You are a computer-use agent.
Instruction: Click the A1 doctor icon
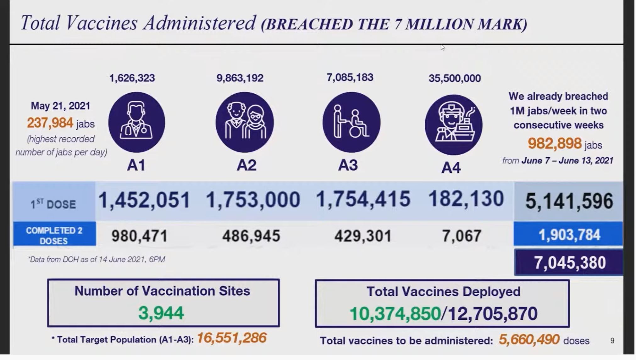136,122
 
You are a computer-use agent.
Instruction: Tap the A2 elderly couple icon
245,122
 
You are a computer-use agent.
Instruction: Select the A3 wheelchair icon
351,122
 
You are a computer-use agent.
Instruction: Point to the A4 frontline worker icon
453,125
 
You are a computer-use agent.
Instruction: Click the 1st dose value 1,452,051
144,200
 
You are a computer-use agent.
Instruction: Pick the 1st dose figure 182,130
466,199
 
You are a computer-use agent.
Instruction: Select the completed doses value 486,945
251,236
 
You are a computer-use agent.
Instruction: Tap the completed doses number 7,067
462,236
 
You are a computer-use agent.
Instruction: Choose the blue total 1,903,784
569,235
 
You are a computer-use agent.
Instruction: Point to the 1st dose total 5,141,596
569,201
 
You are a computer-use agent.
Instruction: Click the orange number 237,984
50,123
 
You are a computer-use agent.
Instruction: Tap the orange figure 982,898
555,144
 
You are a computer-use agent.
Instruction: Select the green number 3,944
161,313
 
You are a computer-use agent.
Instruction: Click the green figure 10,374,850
395,314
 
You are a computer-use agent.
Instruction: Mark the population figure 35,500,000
455,78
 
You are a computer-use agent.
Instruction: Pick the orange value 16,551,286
231,338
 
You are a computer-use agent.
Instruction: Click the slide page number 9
612,341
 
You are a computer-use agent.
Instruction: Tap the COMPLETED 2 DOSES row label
54,235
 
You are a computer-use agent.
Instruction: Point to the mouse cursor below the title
443,47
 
